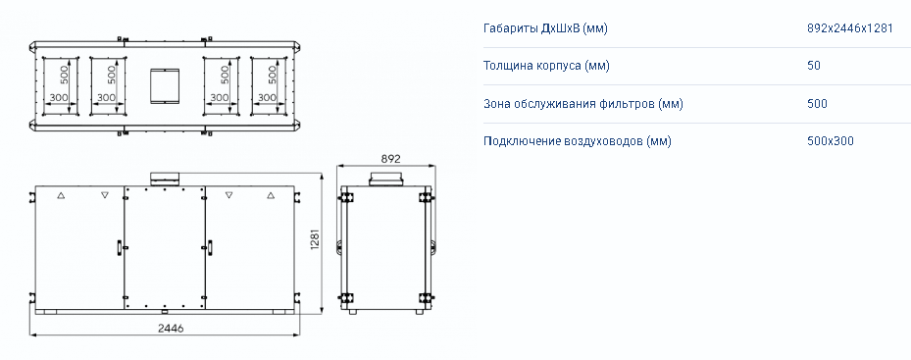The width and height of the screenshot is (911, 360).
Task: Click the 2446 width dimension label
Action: pos(171,328)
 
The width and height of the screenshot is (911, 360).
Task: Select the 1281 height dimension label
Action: pos(316,239)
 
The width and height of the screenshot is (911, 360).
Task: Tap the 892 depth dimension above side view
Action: pos(390,158)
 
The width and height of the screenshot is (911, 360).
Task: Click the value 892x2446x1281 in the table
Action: pos(849,28)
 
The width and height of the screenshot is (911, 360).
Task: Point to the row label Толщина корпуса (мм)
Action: pos(546,66)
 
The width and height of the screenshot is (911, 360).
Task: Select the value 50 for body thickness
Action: pos(813,66)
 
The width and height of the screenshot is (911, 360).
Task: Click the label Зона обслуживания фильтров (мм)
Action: pos(582,104)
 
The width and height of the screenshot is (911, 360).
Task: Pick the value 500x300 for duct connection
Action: pos(831,141)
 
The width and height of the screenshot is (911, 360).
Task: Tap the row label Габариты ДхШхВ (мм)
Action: pos(545,28)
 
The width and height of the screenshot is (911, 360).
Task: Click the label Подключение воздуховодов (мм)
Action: pos(577,141)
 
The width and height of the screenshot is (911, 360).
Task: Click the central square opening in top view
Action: pos(165,86)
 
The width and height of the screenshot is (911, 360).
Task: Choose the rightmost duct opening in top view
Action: pos(269,86)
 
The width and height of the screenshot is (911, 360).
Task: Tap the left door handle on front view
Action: pos(119,247)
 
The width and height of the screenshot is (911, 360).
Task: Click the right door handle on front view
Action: pos(210,247)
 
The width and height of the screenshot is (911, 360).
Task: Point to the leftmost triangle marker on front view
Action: pos(61,196)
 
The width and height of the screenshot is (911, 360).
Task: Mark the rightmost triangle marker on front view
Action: pos(271,196)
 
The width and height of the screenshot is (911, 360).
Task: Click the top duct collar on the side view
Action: pos(385,180)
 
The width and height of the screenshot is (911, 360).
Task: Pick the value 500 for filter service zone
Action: pos(817,104)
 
